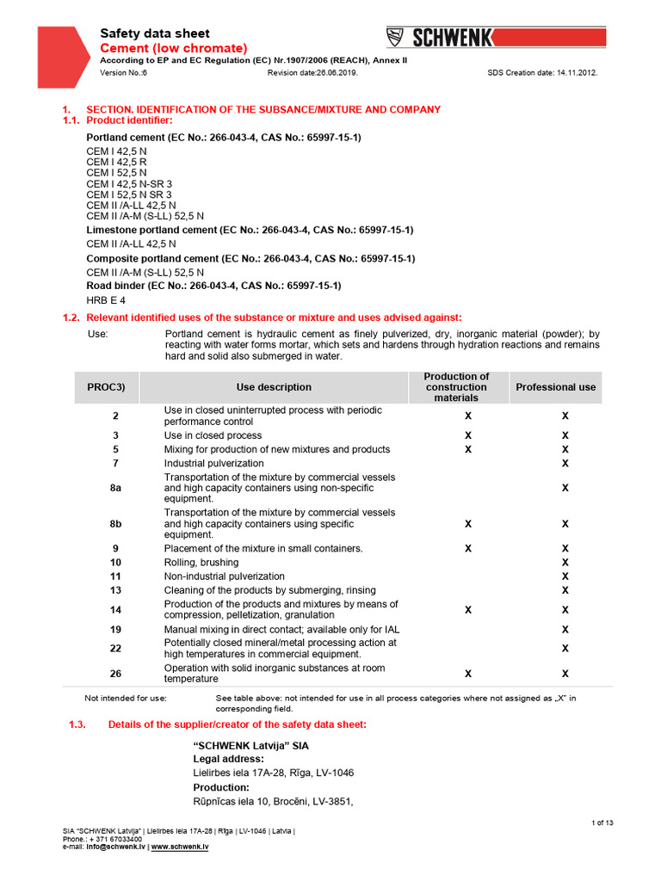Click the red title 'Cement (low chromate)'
coord(175,48)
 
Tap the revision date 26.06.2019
coord(312,73)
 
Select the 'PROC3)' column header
coord(107,387)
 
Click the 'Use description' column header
coord(274,387)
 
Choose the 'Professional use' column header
coord(555,387)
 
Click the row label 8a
coord(115,488)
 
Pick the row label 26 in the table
coord(115,674)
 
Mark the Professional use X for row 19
coord(565,630)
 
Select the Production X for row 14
coord(468,610)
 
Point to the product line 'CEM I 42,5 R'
coord(117,162)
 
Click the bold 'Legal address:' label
coord(228,759)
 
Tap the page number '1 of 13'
coord(602,823)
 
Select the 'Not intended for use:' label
coord(126,699)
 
